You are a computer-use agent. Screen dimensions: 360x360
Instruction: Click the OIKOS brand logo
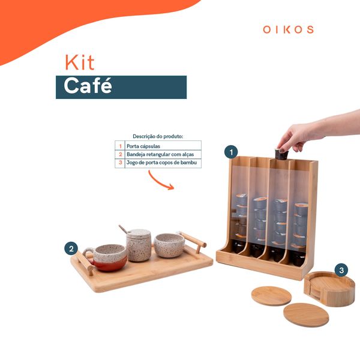[288, 29]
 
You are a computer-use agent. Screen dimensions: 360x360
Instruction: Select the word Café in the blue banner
[88, 86]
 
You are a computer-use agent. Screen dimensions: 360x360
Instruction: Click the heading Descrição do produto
[158, 136]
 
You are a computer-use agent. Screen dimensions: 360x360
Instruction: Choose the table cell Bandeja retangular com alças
[162, 154]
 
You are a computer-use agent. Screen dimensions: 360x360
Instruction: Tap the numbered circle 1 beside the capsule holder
[231, 152]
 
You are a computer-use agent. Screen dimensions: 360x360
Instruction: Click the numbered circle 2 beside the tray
[71, 248]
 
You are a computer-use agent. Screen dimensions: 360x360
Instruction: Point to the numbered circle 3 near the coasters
[341, 271]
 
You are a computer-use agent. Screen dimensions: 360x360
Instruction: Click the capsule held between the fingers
[280, 155]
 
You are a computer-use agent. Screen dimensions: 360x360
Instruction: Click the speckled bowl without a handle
[169, 245]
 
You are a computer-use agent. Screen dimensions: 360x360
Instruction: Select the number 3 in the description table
[120, 163]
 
